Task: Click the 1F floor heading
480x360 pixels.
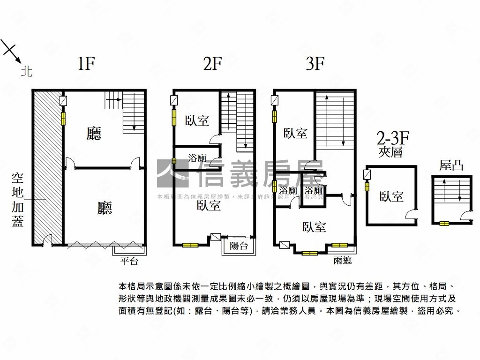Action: [86, 64]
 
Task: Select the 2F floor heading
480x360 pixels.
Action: [212, 64]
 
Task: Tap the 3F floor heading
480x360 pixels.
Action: [315, 64]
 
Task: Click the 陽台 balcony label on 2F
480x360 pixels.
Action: [239, 246]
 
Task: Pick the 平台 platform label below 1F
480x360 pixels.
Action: [129, 262]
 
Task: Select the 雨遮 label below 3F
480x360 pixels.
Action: [343, 261]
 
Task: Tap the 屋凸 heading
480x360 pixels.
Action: [451, 165]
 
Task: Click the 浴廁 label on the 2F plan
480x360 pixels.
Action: [197, 158]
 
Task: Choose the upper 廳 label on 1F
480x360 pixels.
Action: [94, 135]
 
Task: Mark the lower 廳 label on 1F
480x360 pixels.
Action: [105, 208]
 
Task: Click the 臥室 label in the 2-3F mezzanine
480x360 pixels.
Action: [391, 196]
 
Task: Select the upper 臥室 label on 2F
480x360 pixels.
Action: [197, 120]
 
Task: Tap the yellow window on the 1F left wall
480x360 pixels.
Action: [63, 118]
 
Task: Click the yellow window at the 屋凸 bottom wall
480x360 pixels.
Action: [443, 224]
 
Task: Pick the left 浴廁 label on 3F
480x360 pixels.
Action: [288, 191]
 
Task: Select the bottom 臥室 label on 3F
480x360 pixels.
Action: [315, 227]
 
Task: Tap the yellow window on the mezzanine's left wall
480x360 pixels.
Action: [367, 186]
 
